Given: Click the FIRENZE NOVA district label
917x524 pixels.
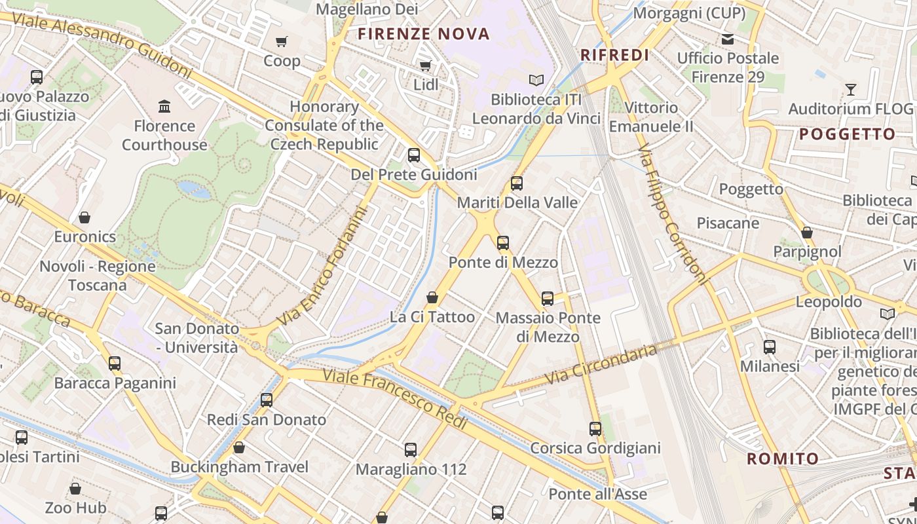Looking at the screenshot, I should (424, 34).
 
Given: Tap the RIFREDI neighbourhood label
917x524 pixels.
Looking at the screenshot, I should (614, 55).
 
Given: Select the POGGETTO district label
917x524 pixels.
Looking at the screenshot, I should (847, 134).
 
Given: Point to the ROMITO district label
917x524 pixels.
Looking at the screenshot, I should (783, 458).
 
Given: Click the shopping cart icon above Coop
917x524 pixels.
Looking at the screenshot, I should (282, 42).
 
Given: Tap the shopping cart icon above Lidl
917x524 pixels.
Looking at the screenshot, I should (425, 65).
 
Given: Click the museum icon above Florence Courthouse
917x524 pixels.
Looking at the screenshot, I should (164, 106).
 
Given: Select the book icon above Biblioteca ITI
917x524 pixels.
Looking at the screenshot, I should (536, 80).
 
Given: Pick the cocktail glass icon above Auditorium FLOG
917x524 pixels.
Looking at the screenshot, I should (850, 90).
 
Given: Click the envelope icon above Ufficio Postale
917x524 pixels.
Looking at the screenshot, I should (728, 39).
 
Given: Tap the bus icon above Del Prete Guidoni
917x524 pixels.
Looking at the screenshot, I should (414, 155).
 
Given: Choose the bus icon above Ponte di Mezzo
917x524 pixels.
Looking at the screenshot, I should (503, 243).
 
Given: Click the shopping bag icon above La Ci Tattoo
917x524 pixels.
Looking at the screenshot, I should (432, 298).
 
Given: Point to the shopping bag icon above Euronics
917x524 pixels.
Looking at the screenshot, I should (84, 217).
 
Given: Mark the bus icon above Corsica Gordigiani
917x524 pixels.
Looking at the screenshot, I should (595, 429).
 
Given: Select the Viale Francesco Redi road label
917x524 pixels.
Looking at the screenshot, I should (395, 399).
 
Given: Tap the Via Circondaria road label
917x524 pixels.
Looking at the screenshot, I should (600, 365).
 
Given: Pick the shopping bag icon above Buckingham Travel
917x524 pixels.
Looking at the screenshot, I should (239, 448).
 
